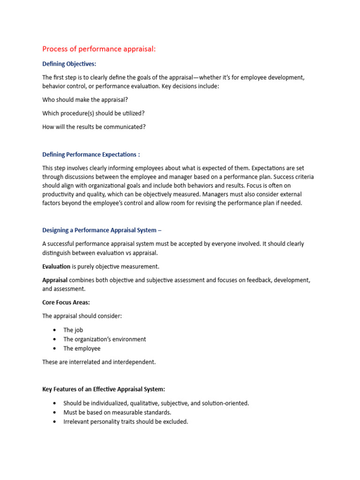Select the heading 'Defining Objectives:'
(x=69, y=64)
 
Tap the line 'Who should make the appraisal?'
(x=84, y=99)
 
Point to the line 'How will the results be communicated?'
(x=94, y=127)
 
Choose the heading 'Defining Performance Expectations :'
(x=91, y=154)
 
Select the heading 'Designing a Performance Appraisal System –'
(x=102, y=230)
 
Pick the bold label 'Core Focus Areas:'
(x=66, y=302)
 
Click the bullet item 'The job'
(x=73, y=330)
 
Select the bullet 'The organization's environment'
(x=105, y=339)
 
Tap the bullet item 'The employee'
(x=82, y=348)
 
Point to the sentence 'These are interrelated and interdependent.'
(x=99, y=362)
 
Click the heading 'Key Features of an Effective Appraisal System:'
(x=104, y=389)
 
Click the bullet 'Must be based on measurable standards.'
(x=117, y=412)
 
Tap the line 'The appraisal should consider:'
(x=82, y=316)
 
